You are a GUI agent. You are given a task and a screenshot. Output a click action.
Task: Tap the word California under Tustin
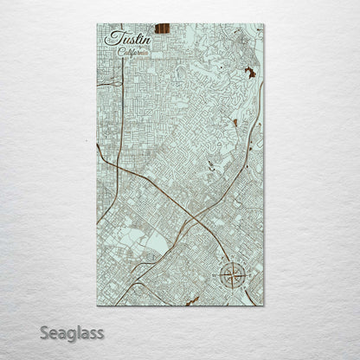click(x=133, y=52)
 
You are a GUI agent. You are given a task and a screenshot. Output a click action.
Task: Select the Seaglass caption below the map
click(x=71, y=331)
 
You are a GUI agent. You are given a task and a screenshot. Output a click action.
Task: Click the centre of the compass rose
click(x=232, y=277)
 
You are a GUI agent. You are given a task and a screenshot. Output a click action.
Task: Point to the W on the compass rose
click(x=219, y=277)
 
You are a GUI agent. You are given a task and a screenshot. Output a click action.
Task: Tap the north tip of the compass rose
click(x=232, y=262)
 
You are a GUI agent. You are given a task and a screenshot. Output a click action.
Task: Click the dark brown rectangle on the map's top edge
click(x=162, y=29)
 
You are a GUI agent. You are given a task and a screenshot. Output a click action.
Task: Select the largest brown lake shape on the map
click(x=250, y=73)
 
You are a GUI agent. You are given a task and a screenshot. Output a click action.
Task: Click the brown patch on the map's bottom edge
click(x=192, y=301)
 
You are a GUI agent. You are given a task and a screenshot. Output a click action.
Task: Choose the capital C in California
click(x=120, y=52)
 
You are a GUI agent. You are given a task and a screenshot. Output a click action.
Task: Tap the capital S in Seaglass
click(x=44, y=331)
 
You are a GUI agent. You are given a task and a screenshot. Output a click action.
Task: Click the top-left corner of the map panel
click(x=97, y=24)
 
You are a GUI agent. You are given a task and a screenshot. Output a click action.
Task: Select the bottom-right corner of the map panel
click(x=263, y=305)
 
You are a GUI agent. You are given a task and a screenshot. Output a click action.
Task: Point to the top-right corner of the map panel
click(x=263, y=24)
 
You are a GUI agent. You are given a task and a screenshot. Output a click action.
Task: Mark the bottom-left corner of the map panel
click(x=97, y=305)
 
